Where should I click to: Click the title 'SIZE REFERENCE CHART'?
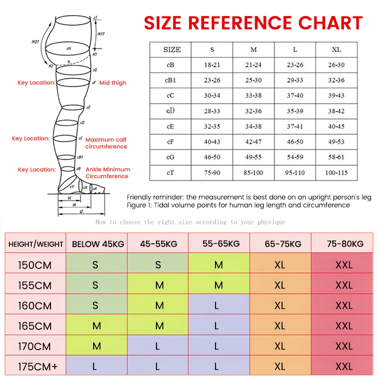[x=253, y=23]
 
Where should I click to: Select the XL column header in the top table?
[x=336, y=50]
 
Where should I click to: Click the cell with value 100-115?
[x=336, y=172]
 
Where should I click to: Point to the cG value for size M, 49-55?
[x=253, y=157]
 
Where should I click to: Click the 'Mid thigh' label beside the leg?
[x=113, y=83]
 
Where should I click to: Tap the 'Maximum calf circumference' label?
[x=106, y=143]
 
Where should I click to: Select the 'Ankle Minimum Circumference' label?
[x=108, y=173]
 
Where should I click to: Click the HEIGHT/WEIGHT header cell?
[x=36, y=244]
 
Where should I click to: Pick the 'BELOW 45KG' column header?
[x=98, y=244]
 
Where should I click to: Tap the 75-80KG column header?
[x=345, y=244]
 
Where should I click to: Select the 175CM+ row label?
[x=35, y=367]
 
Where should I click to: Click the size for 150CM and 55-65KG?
[x=218, y=265]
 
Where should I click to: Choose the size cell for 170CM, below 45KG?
[x=96, y=346]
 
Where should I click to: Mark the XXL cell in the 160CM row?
[x=344, y=306]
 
